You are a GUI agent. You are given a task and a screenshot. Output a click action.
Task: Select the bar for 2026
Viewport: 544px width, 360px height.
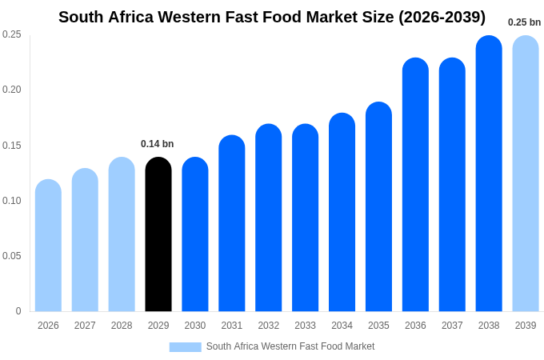[48, 246]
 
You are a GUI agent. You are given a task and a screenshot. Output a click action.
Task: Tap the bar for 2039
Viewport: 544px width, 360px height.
[526, 174]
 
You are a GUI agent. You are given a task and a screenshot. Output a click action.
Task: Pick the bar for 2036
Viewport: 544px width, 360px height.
[415, 185]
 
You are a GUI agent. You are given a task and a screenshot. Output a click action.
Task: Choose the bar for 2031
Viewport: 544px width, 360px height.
[232, 223]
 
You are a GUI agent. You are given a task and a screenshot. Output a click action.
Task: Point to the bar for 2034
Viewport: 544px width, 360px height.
[342, 212]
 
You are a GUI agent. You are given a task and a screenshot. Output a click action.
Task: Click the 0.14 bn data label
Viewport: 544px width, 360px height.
[157, 144]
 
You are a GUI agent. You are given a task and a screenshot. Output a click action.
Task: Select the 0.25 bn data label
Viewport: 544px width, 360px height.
[524, 22]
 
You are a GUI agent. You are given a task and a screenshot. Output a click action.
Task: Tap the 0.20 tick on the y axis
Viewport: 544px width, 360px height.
[12, 90]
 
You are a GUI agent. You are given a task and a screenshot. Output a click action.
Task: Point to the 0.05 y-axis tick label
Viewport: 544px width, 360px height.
[12, 256]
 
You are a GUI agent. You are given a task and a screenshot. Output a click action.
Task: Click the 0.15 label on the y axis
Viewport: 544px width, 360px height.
[12, 146]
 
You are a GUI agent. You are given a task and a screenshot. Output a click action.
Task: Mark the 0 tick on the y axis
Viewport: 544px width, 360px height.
[18, 311]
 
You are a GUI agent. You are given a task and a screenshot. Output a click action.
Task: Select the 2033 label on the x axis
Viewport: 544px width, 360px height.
[305, 326]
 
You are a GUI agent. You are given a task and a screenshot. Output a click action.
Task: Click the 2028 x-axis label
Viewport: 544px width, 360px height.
[122, 326]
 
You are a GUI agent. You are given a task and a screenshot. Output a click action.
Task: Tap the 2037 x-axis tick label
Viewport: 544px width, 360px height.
[452, 326]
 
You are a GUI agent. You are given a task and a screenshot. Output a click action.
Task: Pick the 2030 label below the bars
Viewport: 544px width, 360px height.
[195, 326]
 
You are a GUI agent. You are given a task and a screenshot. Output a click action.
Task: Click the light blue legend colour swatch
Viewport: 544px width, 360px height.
[185, 347]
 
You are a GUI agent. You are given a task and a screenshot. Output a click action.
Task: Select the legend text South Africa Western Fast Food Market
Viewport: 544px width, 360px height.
[290, 346]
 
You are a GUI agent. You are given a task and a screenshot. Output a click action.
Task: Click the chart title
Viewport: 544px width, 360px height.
[272, 17]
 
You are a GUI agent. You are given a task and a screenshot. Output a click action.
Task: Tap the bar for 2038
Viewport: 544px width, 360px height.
[489, 174]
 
